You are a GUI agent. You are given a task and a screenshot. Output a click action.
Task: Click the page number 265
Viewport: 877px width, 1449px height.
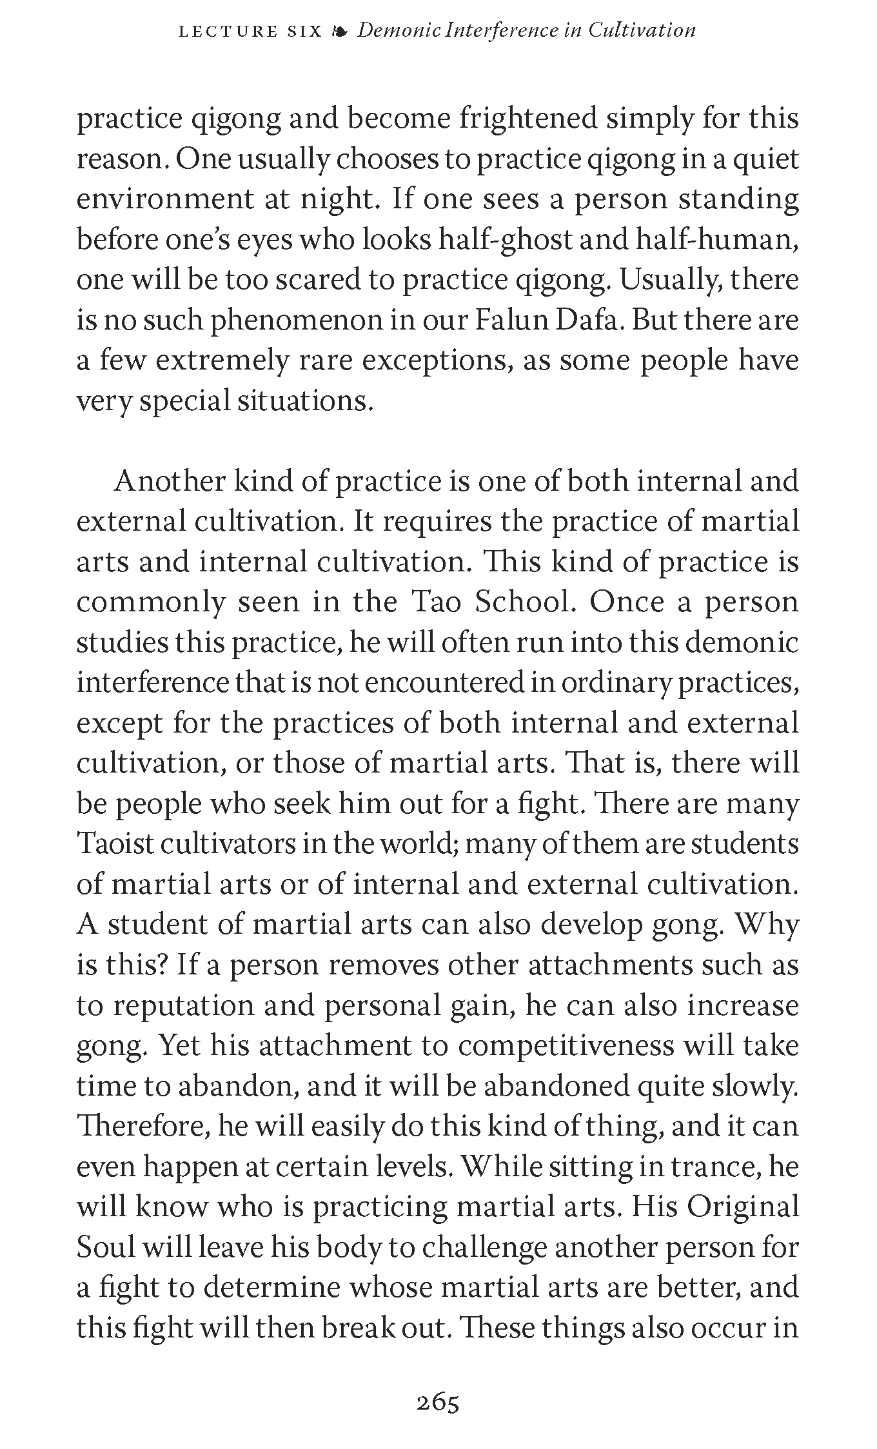click(438, 1403)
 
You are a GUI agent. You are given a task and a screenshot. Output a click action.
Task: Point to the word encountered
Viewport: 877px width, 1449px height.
click(444, 683)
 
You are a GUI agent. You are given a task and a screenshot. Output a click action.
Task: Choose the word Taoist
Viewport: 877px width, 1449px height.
click(113, 844)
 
